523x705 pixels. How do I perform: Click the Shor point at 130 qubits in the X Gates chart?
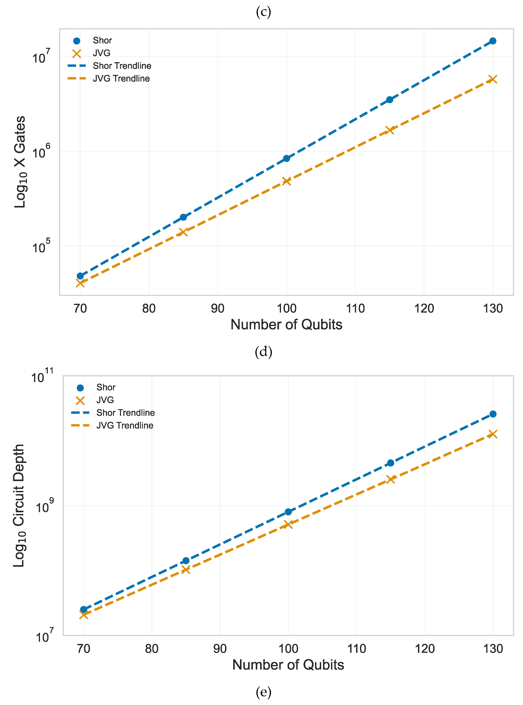click(x=493, y=41)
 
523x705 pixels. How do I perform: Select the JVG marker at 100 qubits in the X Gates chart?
click(x=287, y=181)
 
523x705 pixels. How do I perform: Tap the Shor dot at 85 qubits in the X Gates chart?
click(x=183, y=217)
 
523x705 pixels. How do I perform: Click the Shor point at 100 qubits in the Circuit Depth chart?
click(x=288, y=512)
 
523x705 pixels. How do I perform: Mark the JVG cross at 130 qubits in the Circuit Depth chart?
click(x=493, y=434)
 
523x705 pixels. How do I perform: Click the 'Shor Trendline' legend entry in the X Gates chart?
click(x=122, y=66)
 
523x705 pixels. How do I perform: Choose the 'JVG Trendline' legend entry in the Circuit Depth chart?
click(x=125, y=425)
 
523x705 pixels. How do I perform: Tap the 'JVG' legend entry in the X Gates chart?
click(x=101, y=53)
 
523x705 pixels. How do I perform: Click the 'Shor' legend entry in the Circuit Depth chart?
click(x=106, y=388)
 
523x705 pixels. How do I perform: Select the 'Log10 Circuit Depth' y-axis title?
click(x=19, y=506)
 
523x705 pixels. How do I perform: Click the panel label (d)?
click(x=263, y=352)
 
